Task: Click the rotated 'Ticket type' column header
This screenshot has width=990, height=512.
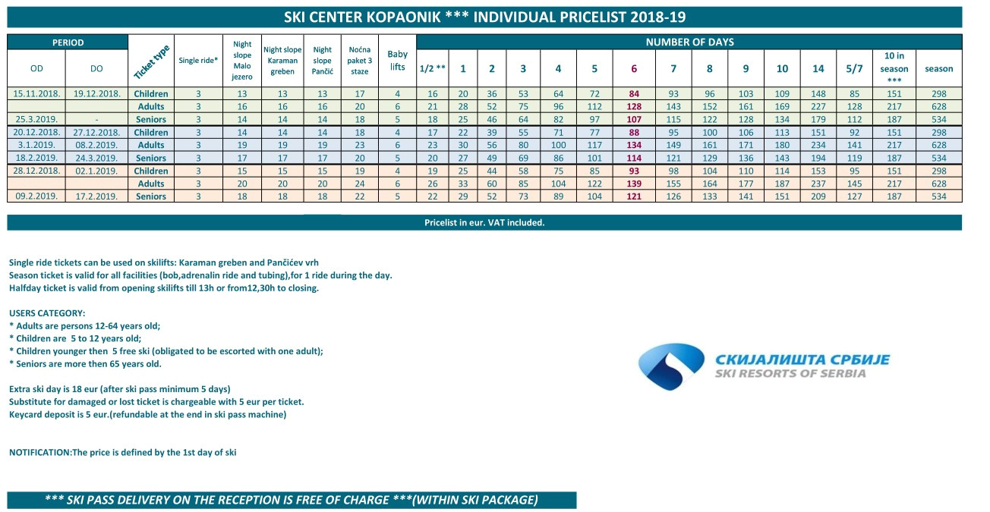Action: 152,61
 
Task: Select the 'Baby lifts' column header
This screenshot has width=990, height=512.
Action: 397,61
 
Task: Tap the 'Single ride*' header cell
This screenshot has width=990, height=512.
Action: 198,61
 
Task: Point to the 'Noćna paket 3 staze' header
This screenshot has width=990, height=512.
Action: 360,61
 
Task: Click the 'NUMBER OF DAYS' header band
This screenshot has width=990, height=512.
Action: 689,42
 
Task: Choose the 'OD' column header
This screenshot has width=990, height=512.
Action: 36,68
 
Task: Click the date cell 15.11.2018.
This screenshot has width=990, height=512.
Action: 36,93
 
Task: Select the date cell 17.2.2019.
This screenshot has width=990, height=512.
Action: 96,196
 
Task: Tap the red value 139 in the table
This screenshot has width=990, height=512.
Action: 634,184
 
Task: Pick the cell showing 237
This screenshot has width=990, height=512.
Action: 818,184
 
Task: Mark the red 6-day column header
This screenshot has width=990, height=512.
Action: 634,68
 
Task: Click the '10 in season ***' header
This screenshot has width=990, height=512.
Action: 894,68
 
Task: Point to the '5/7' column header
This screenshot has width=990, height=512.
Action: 854,68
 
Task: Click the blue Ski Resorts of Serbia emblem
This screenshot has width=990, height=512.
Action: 671,366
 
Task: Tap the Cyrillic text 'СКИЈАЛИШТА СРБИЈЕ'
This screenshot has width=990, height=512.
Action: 802,360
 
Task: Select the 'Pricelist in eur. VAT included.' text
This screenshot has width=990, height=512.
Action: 484,222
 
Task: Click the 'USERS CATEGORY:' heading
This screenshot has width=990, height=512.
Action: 47,313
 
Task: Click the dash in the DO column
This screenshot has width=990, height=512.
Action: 96,119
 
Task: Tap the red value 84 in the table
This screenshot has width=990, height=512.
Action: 634,93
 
